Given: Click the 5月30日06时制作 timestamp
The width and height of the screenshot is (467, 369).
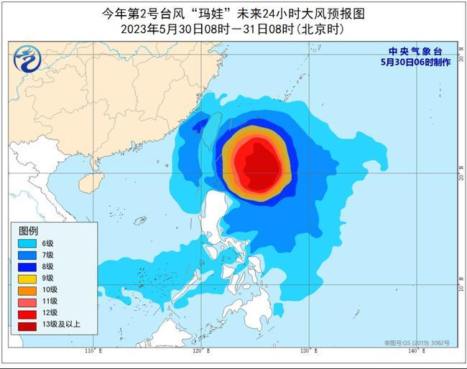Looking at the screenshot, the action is [415, 62].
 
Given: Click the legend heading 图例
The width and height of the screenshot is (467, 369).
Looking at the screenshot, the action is [29, 231].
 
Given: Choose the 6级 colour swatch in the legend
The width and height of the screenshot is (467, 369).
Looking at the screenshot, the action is [29, 244].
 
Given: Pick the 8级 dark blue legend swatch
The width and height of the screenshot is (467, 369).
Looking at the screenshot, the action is [29, 266].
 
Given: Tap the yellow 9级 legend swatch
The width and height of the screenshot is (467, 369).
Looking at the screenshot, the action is [29, 278].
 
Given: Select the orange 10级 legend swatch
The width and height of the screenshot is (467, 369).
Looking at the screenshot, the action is [29, 289].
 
